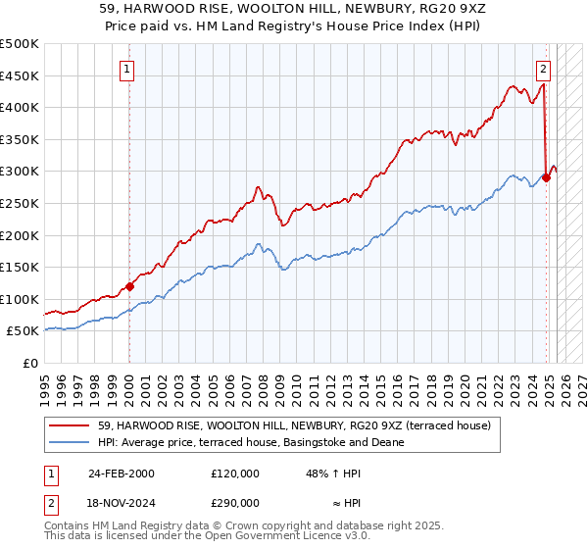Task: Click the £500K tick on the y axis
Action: (x=19, y=44)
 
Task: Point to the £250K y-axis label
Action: (x=19, y=203)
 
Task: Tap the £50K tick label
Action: (x=22, y=331)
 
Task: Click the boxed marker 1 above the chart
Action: (x=128, y=70)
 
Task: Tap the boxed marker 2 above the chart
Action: (x=544, y=70)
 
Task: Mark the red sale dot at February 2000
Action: (x=129, y=287)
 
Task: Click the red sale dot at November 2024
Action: (x=546, y=178)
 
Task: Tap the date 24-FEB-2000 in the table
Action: (x=122, y=474)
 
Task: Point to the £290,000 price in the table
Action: (x=234, y=501)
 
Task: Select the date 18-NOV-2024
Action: (x=122, y=501)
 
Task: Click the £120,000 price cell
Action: (x=234, y=474)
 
